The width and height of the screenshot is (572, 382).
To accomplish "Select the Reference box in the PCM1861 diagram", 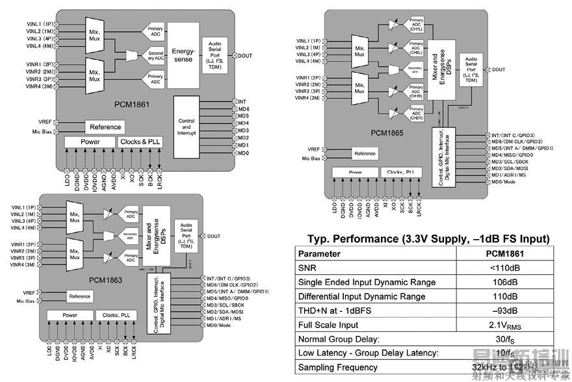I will (x=105, y=127).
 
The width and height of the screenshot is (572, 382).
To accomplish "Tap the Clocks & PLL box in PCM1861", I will (x=140, y=142).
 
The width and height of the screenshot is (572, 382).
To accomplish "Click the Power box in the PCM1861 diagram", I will (x=90, y=142).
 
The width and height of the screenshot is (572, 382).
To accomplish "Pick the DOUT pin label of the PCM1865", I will (x=499, y=70).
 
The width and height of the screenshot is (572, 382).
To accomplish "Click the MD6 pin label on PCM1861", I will (x=244, y=109).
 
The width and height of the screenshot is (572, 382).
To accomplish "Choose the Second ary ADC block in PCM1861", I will (x=155, y=55).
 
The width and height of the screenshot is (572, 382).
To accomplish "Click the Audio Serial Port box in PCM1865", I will (x=471, y=70).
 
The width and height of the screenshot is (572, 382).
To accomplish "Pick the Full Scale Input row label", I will (x=328, y=325).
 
